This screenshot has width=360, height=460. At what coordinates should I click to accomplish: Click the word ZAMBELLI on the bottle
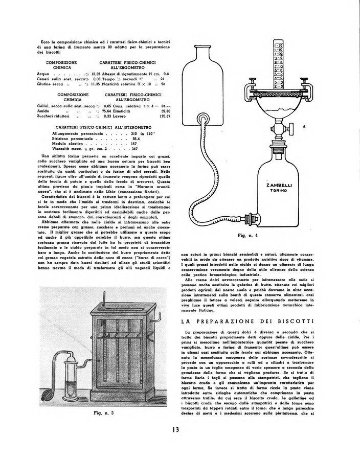(279, 186)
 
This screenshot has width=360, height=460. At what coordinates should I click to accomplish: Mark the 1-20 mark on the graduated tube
(279, 45)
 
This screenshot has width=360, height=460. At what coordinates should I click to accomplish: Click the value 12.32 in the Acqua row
(96, 74)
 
